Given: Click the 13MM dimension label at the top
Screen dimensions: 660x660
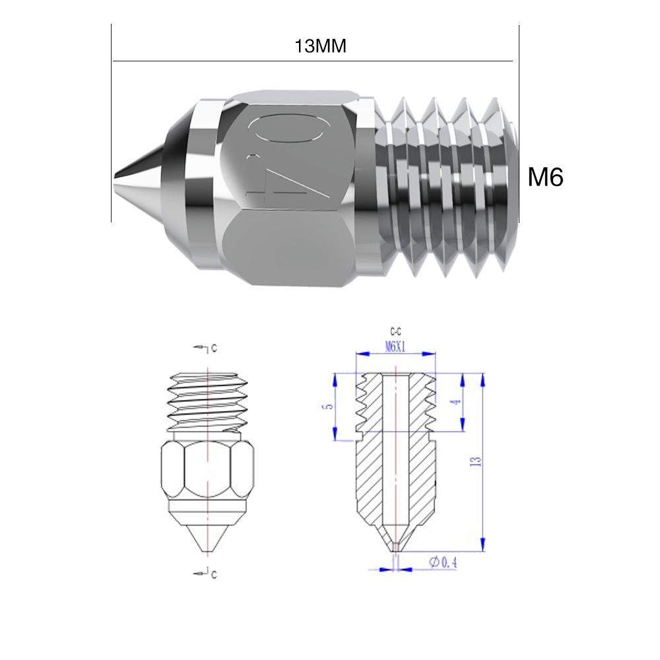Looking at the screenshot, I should (321, 48).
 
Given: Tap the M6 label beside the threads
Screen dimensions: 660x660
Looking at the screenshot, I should (545, 177).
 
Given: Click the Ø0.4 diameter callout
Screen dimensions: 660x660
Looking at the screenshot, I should (443, 562).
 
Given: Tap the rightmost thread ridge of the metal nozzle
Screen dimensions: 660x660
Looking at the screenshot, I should (502, 185).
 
